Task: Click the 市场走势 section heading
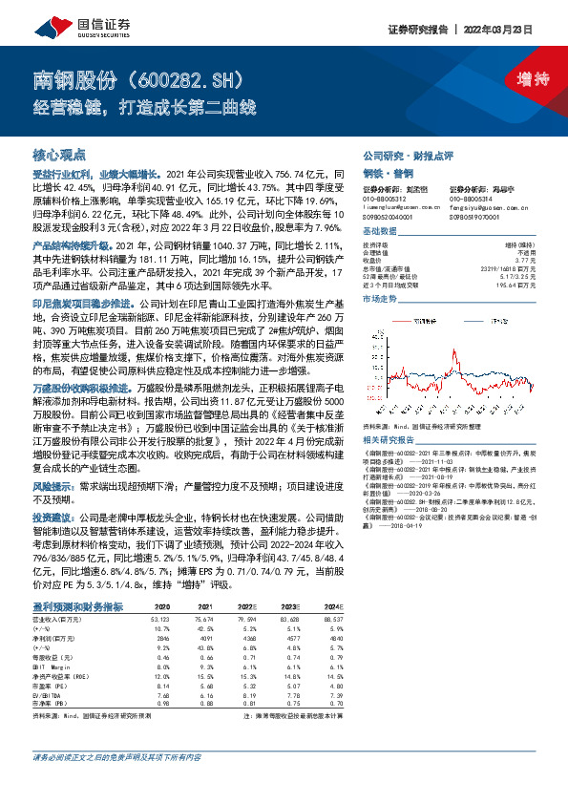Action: point(379,299)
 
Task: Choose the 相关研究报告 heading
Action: point(385,440)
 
